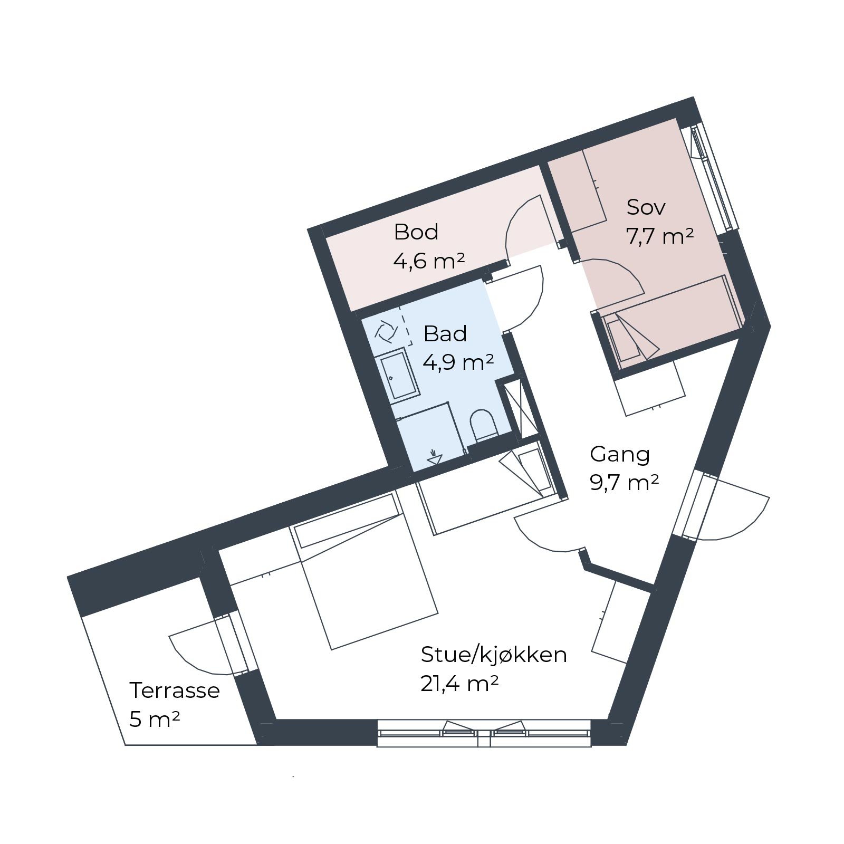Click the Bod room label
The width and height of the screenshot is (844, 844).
click(416, 232)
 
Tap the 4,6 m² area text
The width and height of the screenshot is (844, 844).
click(429, 261)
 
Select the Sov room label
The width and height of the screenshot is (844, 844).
click(646, 207)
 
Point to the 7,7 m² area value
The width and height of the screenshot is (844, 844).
click(659, 236)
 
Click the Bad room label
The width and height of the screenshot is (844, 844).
click(445, 333)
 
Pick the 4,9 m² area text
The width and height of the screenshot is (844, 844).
click(458, 362)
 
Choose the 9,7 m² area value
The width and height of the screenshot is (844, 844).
click(625, 483)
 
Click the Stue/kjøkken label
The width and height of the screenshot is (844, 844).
click(494, 655)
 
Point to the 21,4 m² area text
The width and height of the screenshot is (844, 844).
click(459, 684)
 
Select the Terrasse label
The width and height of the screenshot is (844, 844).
click(175, 690)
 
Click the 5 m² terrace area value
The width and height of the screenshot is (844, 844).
click(155, 719)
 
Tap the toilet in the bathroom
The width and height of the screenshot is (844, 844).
click(484, 426)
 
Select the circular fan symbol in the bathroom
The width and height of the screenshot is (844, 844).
click(385, 331)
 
